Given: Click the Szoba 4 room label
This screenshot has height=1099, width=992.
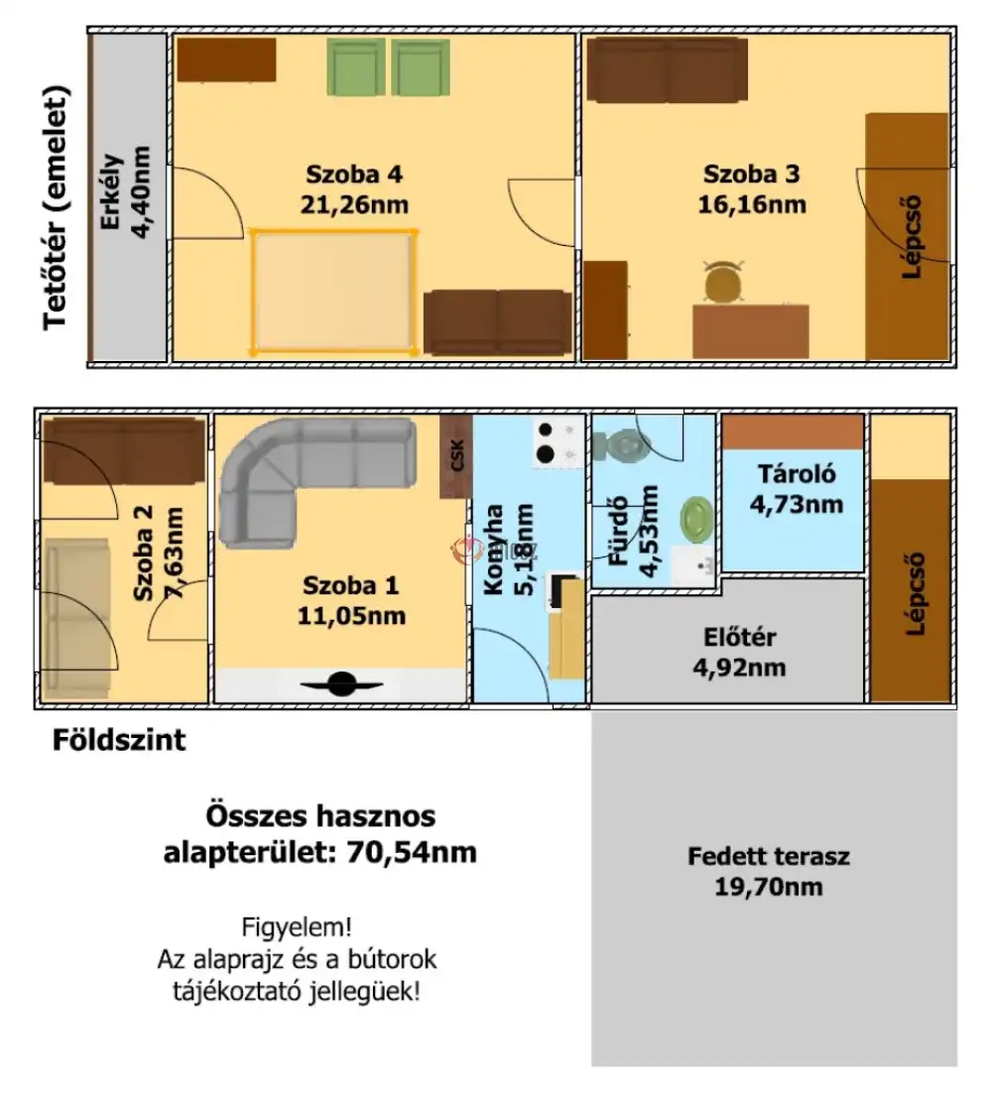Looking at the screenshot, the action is click(x=354, y=174).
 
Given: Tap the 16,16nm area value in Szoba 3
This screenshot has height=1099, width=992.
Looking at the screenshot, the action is click(x=752, y=204).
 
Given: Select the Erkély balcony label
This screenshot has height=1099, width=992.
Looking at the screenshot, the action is click(x=112, y=191).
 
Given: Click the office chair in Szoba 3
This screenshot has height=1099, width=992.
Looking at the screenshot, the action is click(x=723, y=281).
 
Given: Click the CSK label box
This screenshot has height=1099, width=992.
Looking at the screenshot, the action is click(x=456, y=455).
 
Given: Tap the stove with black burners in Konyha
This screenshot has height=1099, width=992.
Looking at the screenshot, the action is click(x=558, y=442).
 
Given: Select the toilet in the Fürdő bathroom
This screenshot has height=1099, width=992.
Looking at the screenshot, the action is click(x=621, y=445).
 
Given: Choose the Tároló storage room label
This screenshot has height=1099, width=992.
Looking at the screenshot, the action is click(x=797, y=474).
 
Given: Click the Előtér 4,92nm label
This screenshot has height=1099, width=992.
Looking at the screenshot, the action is click(x=740, y=652).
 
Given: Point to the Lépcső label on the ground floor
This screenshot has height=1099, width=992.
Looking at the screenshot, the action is click(x=915, y=594).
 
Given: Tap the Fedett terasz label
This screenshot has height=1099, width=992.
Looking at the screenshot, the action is click(x=769, y=856).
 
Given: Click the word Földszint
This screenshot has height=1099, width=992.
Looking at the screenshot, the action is click(x=119, y=740).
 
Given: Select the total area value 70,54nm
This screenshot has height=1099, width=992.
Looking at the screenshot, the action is click(x=412, y=852).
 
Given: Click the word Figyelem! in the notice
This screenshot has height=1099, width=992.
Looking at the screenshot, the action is click(x=297, y=927).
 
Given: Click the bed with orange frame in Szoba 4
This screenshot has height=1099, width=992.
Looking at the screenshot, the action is click(x=333, y=291).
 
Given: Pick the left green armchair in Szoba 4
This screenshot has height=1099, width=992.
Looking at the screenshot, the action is click(x=356, y=66).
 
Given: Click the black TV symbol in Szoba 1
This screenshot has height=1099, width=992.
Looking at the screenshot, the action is click(x=341, y=684).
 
